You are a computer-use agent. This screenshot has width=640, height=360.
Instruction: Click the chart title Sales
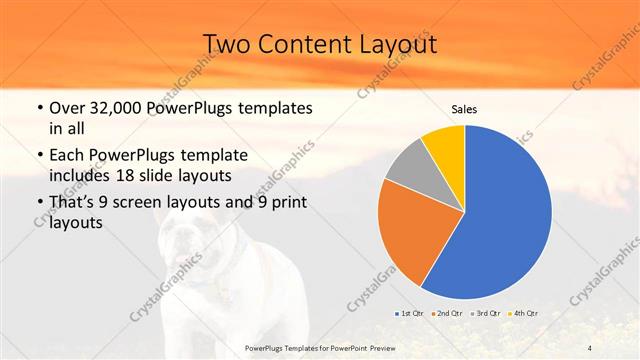tap(464, 109)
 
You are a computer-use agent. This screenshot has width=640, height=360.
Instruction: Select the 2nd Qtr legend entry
tap(447, 313)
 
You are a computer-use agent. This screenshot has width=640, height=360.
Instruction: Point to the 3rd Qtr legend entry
tap(484, 313)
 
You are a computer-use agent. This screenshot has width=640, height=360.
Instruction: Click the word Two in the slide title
tap(227, 44)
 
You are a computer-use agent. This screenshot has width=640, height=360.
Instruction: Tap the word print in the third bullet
tap(284, 203)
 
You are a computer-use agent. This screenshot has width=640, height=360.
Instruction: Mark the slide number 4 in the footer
tap(590, 346)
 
